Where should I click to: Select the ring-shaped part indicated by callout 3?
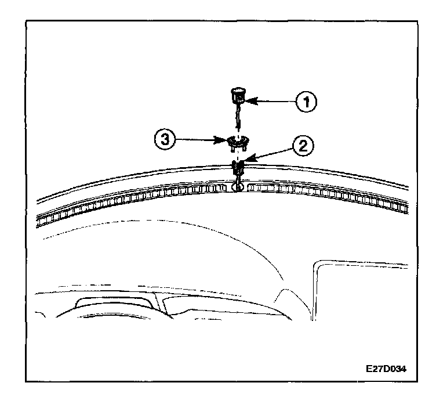[238, 141]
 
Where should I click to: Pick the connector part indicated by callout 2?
[238, 169]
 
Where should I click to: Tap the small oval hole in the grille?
[236, 187]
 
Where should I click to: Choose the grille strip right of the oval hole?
[325, 197]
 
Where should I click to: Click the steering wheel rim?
[116, 311]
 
